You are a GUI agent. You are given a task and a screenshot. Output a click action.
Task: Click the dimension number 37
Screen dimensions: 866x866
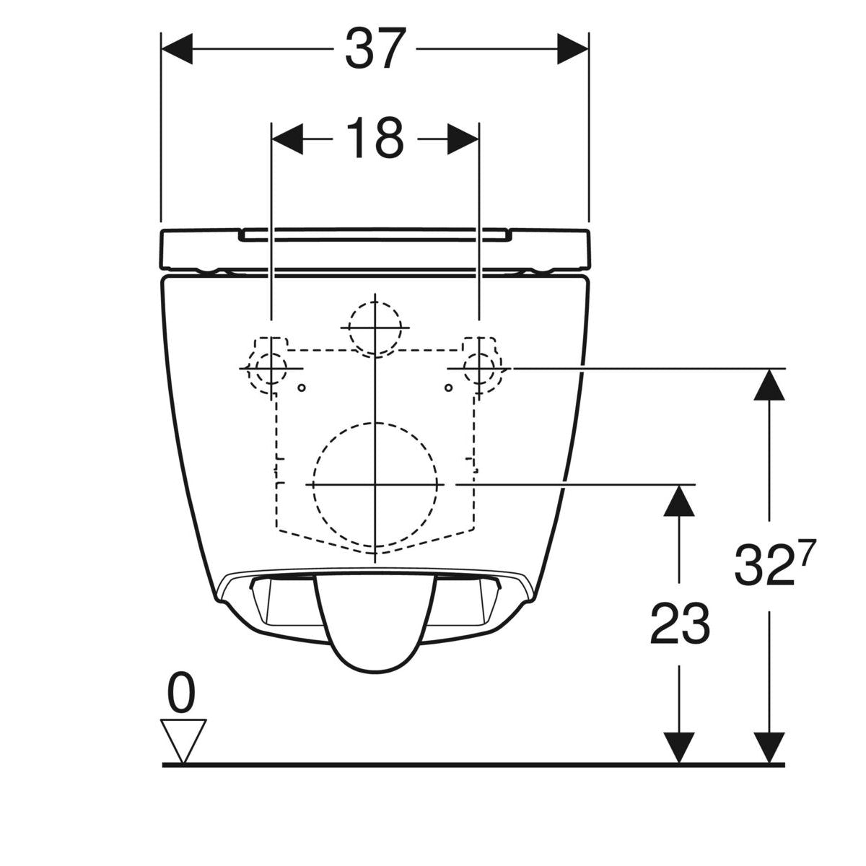pos(375,49)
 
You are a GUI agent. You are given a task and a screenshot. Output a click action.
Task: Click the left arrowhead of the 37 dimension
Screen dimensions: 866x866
pos(177,49)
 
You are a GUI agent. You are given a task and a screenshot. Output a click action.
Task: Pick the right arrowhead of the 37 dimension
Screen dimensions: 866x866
pos(572,49)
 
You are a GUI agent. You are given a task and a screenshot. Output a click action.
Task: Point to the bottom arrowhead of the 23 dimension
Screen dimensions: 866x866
pos(679,747)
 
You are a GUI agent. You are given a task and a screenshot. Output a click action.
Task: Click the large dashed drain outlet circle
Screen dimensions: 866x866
pos(375,484)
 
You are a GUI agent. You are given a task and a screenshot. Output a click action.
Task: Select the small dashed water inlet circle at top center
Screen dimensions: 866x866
pos(375,328)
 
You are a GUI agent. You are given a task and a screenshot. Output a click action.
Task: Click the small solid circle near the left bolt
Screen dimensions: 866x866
pos(302,388)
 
